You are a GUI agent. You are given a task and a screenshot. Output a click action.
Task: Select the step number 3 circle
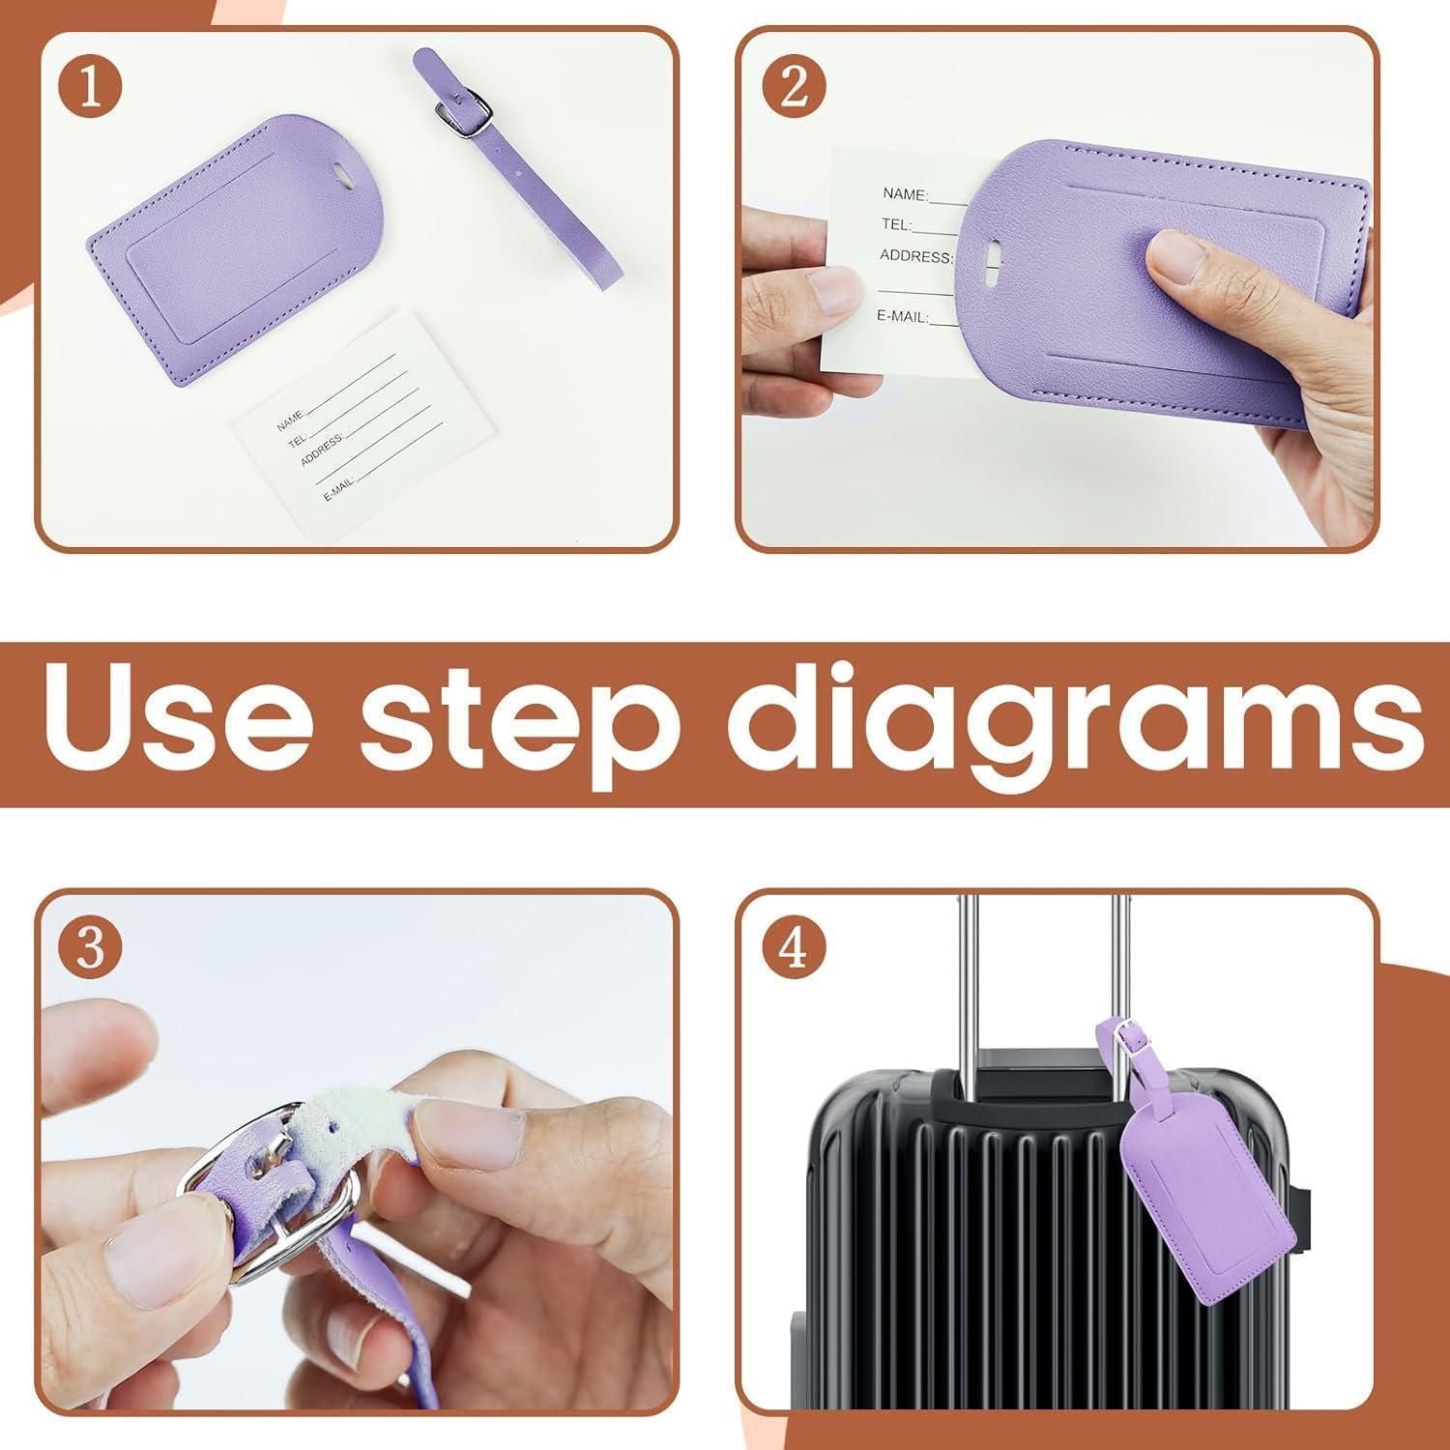(90, 947)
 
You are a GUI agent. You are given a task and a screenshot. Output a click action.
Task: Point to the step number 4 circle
(794, 947)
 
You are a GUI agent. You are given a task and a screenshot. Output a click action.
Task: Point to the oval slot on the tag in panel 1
(339, 173)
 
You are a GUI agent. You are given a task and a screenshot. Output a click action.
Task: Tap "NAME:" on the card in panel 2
(905, 193)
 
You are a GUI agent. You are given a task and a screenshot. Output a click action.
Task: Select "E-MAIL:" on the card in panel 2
(903, 316)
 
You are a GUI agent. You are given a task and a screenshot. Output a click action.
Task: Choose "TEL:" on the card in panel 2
(896, 225)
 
